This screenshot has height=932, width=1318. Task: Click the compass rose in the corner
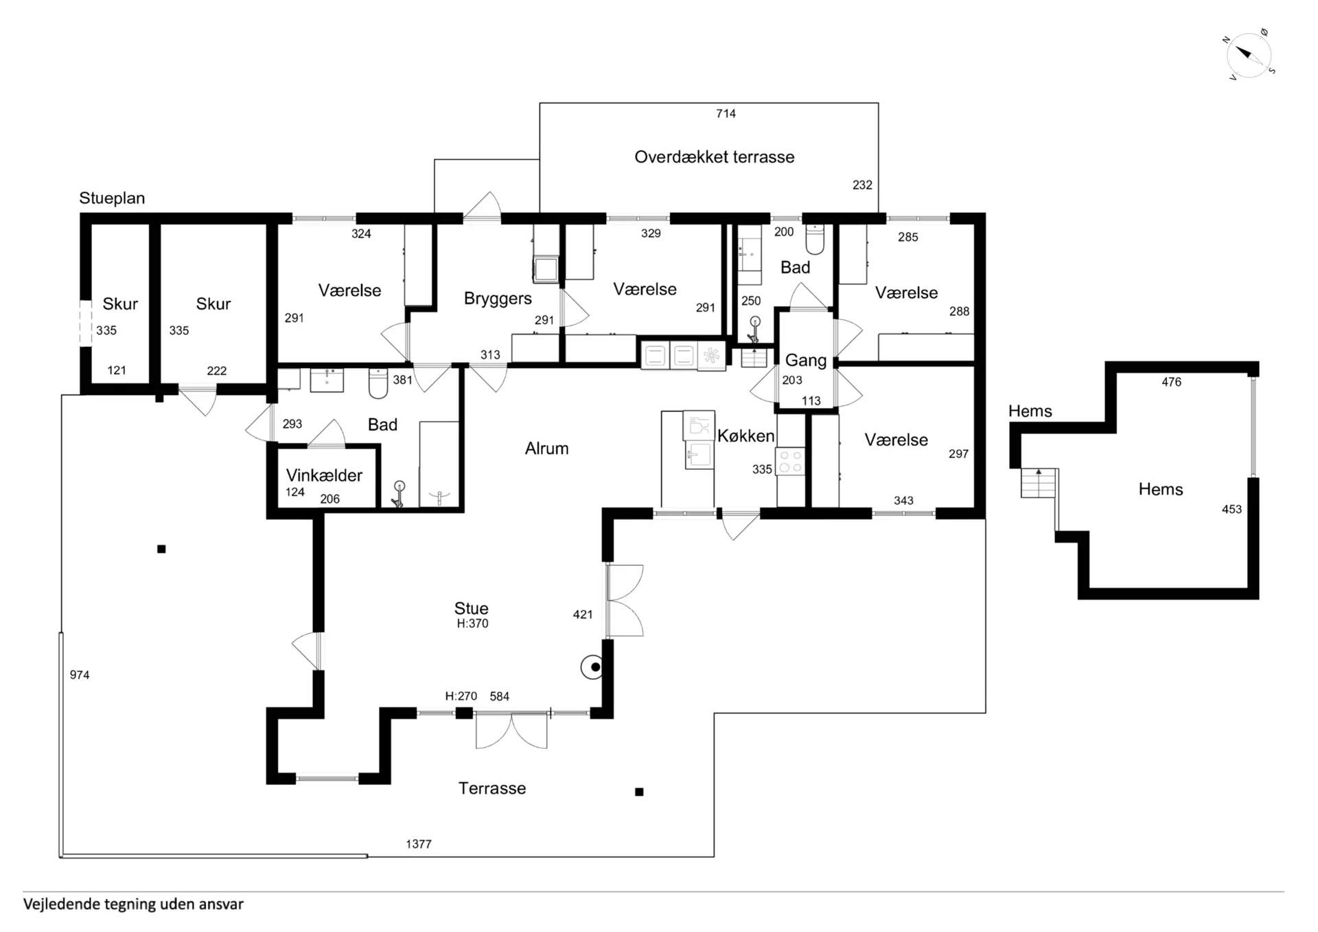click(1249, 54)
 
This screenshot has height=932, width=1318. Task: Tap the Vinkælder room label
click(324, 475)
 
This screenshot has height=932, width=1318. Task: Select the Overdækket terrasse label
click(714, 157)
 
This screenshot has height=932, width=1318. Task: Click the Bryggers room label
click(498, 299)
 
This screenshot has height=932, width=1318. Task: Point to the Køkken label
click(745, 435)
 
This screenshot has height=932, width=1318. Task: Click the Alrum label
click(546, 448)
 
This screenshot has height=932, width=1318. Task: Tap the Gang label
click(806, 361)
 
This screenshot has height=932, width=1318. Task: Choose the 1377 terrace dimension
click(419, 844)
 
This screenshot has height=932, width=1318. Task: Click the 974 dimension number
click(80, 675)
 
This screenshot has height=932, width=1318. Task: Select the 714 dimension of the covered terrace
click(726, 114)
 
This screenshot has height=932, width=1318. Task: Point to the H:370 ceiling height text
click(472, 624)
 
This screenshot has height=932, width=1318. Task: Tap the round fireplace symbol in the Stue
click(592, 667)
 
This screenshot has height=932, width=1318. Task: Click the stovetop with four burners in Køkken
click(790, 461)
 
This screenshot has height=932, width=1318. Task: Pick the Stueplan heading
click(112, 198)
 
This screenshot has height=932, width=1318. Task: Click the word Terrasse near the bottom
click(492, 788)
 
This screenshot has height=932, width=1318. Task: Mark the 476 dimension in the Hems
click(1172, 382)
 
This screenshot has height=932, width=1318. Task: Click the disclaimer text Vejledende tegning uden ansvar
click(133, 904)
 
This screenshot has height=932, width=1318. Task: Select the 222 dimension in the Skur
click(217, 371)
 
